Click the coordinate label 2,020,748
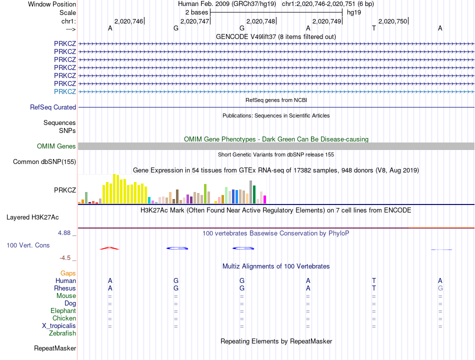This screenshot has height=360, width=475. pyautogui.click(x=260, y=21)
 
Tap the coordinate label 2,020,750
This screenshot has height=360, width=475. pyautogui.click(x=392, y=21)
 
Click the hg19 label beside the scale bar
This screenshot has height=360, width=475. pyautogui.click(x=354, y=12)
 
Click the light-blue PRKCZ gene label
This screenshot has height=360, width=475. pyautogui.click(x=65, y=91)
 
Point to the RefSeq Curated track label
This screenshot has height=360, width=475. pyautogui.click(x=53, y=107)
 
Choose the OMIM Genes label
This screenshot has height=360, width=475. pyautogui.click(x=56, y=146)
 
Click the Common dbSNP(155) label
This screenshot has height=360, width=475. pyautogui.click(x=44, y=161)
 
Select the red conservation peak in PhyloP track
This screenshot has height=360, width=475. pyautogui.click(x=109, y=248)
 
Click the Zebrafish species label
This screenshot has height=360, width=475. pyautogui.click(x=62, y=333)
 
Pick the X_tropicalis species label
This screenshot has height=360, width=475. pyautogui.click(x=59, y=325)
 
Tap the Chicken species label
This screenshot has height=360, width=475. pyautogui.click(x=64, y=318)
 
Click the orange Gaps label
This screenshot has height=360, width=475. pyautogui.click(x=68, y=273)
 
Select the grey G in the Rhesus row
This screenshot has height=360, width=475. pyautogui.click(x=440, y=288)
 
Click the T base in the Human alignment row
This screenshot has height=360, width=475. pyautogui.click(x=374, y=280)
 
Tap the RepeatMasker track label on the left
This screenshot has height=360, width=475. pyautogui.click(x=55, y=348)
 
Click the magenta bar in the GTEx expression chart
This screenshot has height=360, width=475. pyautogui.click(x=264, y=199)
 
